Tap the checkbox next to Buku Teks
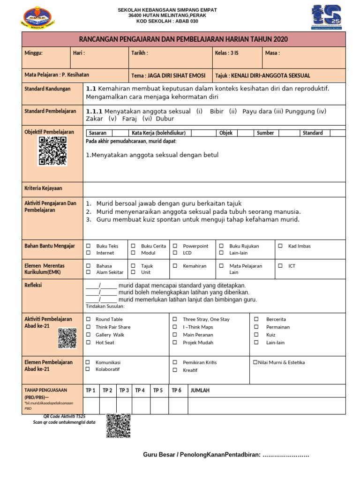click(88, 246)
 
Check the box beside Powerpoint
click(175, 246)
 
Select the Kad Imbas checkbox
click(280, 246)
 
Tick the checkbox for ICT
click(280, 266)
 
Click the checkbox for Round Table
click(88, 319)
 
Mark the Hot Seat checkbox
click(88, 343)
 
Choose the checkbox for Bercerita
click(256, 319)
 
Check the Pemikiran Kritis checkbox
click(175, 362)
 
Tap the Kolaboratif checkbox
click(88, 370)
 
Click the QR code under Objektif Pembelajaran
click(52, 151)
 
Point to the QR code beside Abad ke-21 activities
click(67, 338)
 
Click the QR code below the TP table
click(118, 426)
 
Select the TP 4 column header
click(140, 390)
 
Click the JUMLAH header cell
click(200, 390)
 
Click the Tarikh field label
click(140, 53)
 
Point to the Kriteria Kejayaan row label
click(43, 188)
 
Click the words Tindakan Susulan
click(105, 306)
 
